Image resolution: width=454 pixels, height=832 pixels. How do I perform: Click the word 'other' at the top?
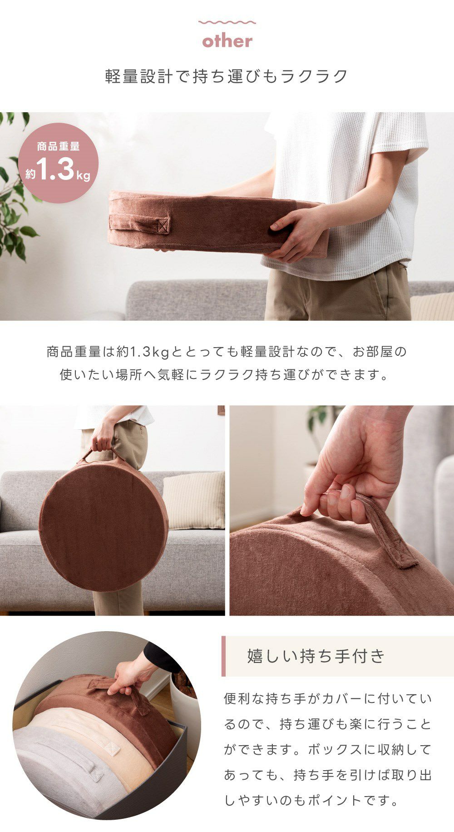pos(227,41)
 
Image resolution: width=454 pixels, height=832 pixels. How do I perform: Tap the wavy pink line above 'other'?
pos(227,22)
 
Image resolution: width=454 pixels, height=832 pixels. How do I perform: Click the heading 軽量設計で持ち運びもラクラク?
pos(227,76)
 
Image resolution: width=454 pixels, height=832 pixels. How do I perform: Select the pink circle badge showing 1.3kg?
pos(58,163)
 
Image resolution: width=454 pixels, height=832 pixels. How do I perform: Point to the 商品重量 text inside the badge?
pos(58,146)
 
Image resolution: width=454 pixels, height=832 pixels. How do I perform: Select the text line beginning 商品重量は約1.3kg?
pos(227,352)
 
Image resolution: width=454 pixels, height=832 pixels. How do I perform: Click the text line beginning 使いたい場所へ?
pos(225,375)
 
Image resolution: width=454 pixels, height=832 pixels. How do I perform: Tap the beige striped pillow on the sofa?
pos(194,501)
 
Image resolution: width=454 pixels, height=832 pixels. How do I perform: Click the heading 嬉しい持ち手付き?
pos(316,656)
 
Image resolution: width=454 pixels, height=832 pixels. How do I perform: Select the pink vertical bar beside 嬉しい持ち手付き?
pos(223,656)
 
